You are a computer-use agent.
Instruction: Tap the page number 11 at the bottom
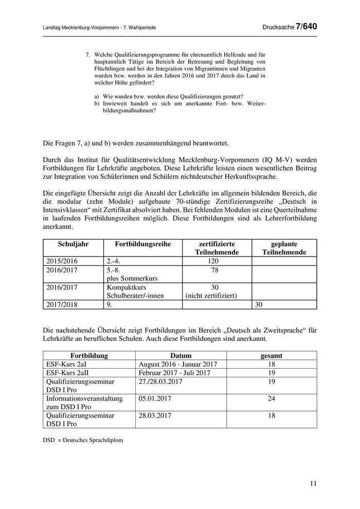coord(314,483)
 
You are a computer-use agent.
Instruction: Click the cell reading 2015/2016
coord(61,261)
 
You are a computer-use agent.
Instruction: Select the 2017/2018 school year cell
coord(61,304)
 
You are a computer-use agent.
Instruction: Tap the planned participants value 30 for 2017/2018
coord(260,304)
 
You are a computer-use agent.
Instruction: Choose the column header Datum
coord(181,355)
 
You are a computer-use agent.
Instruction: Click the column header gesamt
coord(272,355)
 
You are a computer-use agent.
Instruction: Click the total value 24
coord(272,398)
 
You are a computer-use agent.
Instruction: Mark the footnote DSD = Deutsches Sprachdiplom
coord(83,440)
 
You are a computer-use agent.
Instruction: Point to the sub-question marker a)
coord(97,96)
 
